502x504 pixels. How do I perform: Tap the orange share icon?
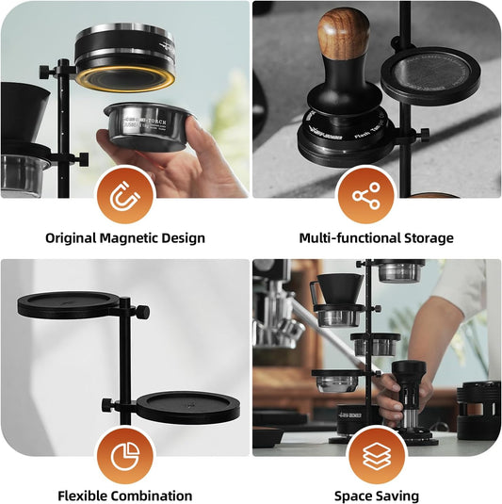tap(365, 197)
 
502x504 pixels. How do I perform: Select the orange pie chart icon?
tap(124, 455)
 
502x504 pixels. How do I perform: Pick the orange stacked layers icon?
tap(377, 455)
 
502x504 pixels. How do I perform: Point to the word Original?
tap(75, 238)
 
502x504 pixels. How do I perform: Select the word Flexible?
tap(88, 496)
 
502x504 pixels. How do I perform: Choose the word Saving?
tap(397, 496)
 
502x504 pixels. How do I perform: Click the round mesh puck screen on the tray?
tap(429, 73)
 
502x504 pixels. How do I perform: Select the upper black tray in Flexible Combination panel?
tap(69, 304)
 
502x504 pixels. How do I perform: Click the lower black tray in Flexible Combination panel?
tap(187, 407)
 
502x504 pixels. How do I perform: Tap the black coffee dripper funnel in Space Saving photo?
tap(338, 287)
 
